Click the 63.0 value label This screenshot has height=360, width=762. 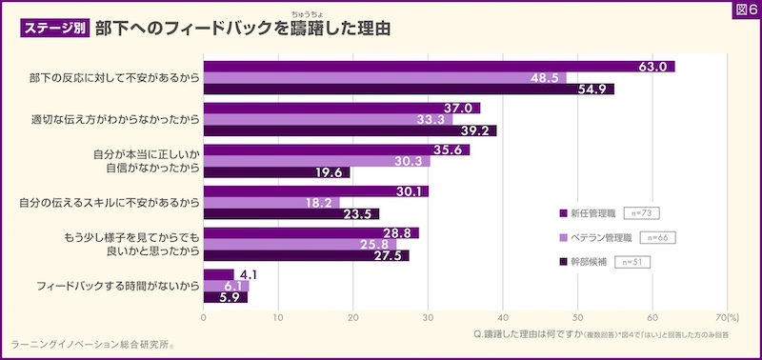(x=652, y=67)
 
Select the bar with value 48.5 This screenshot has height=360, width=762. (x=385, y=78)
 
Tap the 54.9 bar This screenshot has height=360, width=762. (x=409, y=90)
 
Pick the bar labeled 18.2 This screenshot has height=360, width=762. (x=271, y=203)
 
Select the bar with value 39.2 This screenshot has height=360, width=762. (x=350, y=131)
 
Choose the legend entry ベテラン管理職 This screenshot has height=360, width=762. (x=601, y=237)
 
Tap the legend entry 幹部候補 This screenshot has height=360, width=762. (x=585, y=261)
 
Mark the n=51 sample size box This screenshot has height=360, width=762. (x=632, y=261)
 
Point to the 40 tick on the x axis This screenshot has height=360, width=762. (x=503, y=317)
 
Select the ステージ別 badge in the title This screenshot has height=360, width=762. (x=55, y=29)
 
